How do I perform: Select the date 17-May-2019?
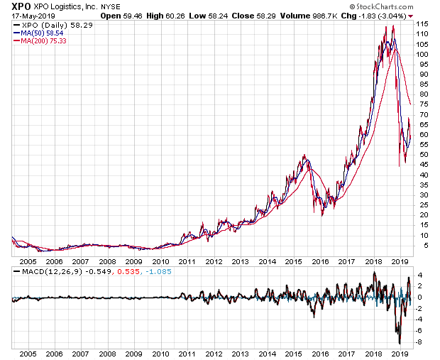26,15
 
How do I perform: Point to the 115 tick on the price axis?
422,24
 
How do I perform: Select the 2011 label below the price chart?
187,261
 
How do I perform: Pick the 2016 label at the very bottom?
320,352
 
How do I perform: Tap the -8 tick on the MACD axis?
419,342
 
